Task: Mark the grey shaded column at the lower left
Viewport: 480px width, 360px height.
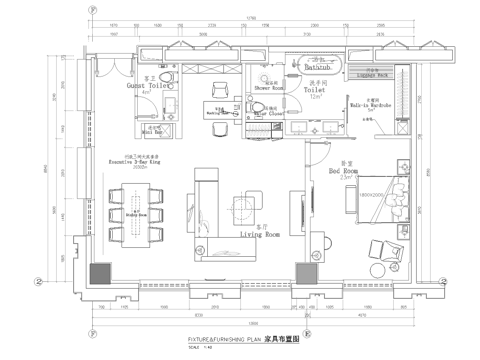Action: (101, 272)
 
